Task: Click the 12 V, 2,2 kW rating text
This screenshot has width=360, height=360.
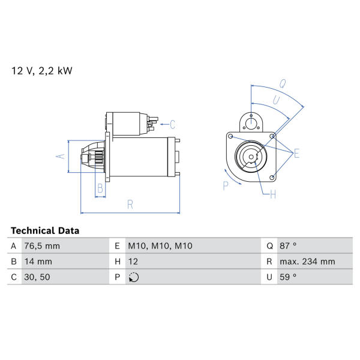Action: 42,71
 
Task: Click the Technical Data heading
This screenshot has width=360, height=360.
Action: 45,230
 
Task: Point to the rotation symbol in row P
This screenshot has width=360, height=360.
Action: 134,277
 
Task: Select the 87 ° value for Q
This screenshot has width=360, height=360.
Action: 288,246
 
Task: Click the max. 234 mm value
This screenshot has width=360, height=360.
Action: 307,262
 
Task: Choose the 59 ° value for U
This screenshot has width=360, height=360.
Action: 288,277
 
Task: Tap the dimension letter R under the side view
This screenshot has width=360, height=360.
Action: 130,205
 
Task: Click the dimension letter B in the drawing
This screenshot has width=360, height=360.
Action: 100,188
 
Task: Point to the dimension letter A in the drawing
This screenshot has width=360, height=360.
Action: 61,157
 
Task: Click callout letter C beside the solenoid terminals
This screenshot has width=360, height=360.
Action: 172,124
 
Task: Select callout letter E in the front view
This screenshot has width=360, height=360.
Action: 296,154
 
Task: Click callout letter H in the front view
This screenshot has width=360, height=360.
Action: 273,194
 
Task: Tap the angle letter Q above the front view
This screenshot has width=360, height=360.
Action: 283,83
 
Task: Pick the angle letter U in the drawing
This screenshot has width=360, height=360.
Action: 276,100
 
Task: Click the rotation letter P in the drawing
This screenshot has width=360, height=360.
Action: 226,185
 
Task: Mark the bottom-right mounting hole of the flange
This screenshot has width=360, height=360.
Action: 272,177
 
